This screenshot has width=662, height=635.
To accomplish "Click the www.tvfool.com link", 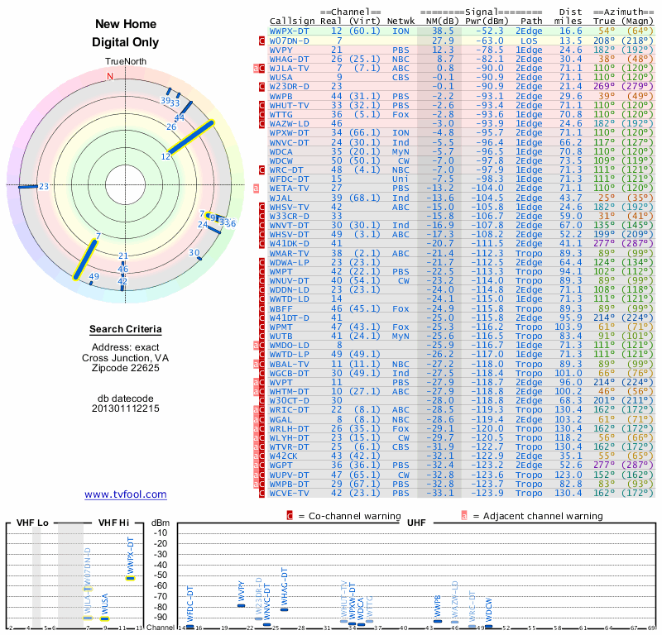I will [125, 494].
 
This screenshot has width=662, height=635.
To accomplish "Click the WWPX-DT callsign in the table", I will [290, 31].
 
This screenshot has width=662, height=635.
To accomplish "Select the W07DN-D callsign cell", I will [290, 40].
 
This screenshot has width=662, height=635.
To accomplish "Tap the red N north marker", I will [109, 77].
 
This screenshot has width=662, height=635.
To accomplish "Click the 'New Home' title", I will [125, 25].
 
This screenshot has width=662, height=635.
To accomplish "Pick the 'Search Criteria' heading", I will [126, 330].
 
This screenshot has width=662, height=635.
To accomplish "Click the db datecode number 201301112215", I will [126, 408].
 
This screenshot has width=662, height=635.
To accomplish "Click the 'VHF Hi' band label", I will [114, 523].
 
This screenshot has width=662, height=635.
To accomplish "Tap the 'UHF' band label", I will [416, 523].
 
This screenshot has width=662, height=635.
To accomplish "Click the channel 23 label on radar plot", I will [44, 187].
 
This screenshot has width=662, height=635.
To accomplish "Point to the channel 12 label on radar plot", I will [165, 155].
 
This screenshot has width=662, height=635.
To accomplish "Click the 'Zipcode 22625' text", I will [126, 368].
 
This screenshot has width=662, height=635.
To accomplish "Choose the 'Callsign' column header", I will [292, 21].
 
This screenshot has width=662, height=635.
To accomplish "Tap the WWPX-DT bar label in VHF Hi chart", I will [130, 556].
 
